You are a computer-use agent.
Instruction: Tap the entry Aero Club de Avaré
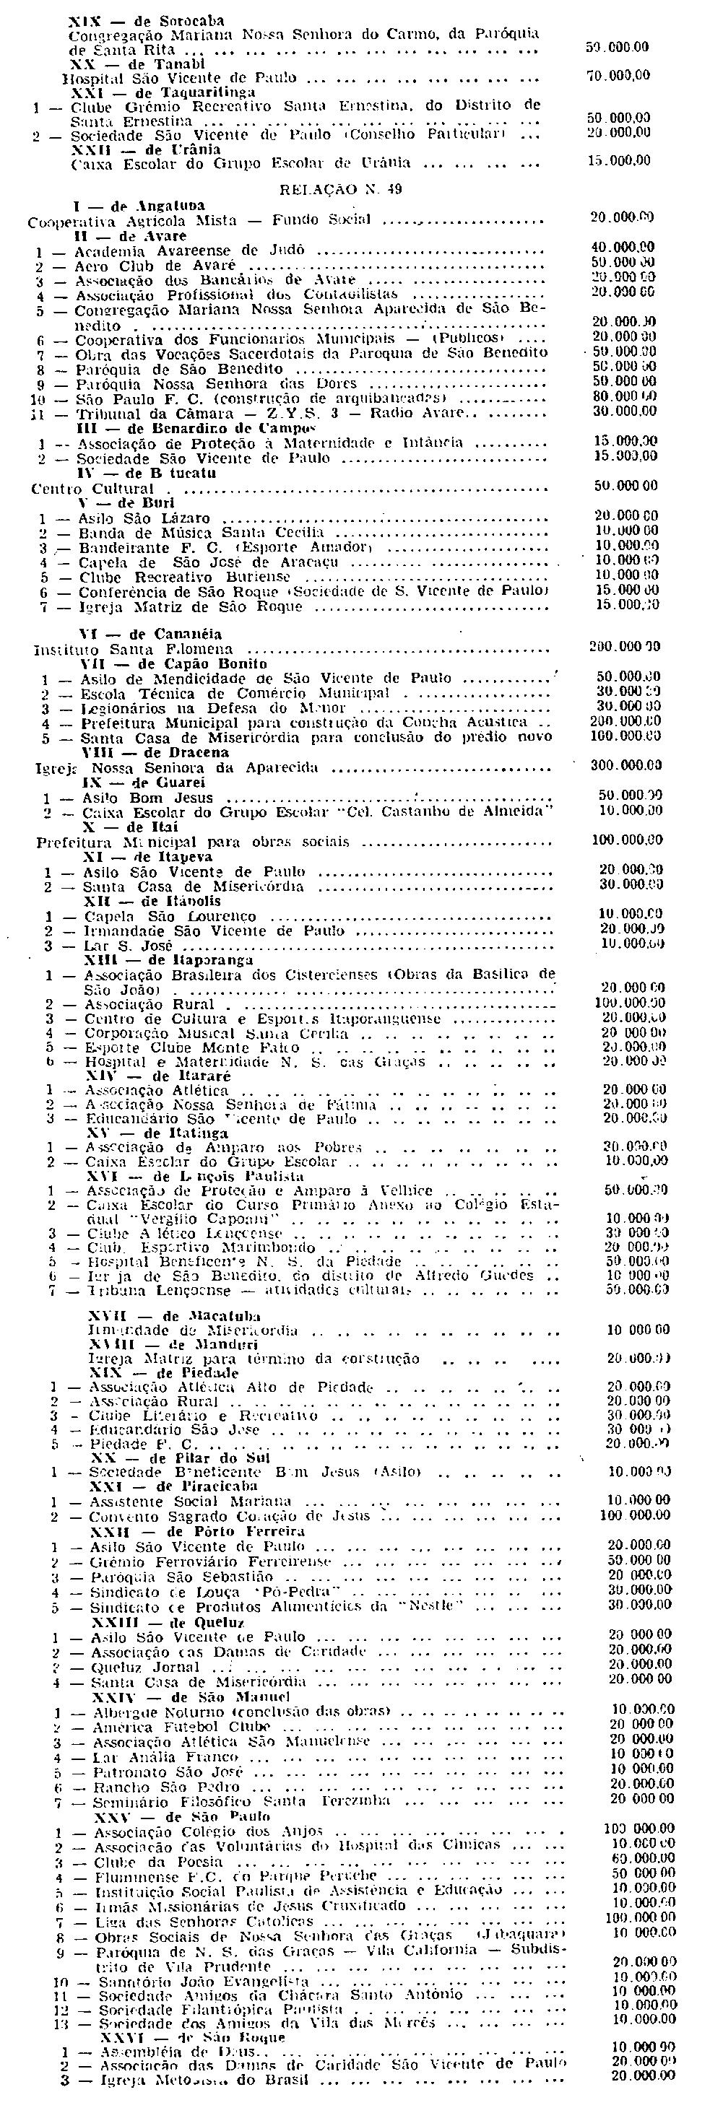click(x=155, y=266)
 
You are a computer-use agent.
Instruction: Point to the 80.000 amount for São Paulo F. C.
click(x=622, y=397)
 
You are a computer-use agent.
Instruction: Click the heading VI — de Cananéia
click(x=151, y=634)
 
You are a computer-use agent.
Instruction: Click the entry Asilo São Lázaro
click(x=144, y=518)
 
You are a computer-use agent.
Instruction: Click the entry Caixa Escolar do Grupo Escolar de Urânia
click(x=241, y=163)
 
